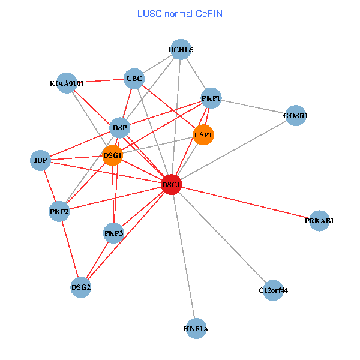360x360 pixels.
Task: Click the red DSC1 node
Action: [172, 184]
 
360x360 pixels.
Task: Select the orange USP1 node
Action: [203, 135]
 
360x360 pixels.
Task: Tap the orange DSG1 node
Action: [112, 155]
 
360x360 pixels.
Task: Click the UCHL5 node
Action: [181, 50]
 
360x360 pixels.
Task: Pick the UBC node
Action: [134, 78]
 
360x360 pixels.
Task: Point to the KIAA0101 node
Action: [67, 83]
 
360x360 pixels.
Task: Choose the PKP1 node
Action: [211, 98]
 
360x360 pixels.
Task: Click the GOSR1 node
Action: [296, 115]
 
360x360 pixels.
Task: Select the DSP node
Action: [121, 127]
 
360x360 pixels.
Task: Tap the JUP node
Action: [40, 160]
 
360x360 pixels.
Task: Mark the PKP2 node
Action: [59, 211]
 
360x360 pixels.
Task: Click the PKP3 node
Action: [113, 233]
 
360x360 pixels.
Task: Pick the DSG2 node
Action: [81, 287]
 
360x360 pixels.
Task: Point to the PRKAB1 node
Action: [319, 221]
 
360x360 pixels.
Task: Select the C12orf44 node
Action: [273, 290]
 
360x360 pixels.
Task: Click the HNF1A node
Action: [196, 329]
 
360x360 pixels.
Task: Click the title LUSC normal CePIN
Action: [179, 13]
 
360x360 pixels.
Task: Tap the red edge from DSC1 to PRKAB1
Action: [246, 203]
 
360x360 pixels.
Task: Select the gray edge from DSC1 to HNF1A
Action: [184, 258]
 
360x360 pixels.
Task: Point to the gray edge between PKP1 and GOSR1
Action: [253, 107]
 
